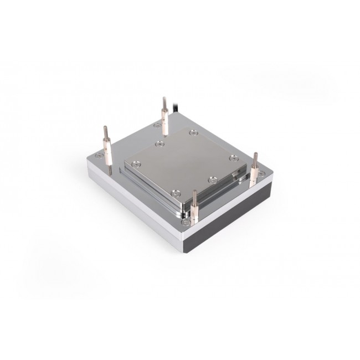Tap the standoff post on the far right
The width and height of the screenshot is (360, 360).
[255, 169]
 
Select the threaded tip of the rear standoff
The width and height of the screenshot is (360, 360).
[164, 102]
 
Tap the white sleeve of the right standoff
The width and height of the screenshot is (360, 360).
[255, 173]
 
